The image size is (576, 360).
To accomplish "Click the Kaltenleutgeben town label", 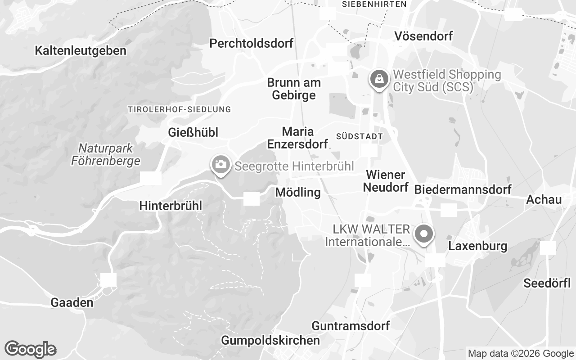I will [81, 50].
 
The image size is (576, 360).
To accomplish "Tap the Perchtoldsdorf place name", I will [251, 43].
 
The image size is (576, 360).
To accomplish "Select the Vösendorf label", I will [423, 36].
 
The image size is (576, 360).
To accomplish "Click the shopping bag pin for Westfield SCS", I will [379, 79].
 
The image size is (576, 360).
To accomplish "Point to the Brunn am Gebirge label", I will [294, 89].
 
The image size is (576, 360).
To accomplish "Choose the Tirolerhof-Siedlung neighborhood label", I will [179, 109].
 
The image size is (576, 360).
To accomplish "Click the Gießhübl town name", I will [193, 132].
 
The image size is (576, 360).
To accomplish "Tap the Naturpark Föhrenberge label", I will [106, 154].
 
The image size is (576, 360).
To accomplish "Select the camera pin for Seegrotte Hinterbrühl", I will [220, 164].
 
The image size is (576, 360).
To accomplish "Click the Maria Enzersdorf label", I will [297, 137].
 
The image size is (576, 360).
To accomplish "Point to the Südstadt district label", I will [359, 136].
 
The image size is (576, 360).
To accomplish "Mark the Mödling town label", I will [297, 193].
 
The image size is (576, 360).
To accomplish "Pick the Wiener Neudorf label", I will [385, 181].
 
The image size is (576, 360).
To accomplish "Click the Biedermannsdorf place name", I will [462, 189].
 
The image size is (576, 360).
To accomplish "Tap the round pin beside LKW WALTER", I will [423, 234].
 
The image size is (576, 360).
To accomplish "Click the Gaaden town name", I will [72, 302].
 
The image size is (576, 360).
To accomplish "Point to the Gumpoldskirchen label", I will [270, 340].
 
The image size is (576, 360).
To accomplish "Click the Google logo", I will [30, 349].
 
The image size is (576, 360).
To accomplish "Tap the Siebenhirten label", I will [374, 4].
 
